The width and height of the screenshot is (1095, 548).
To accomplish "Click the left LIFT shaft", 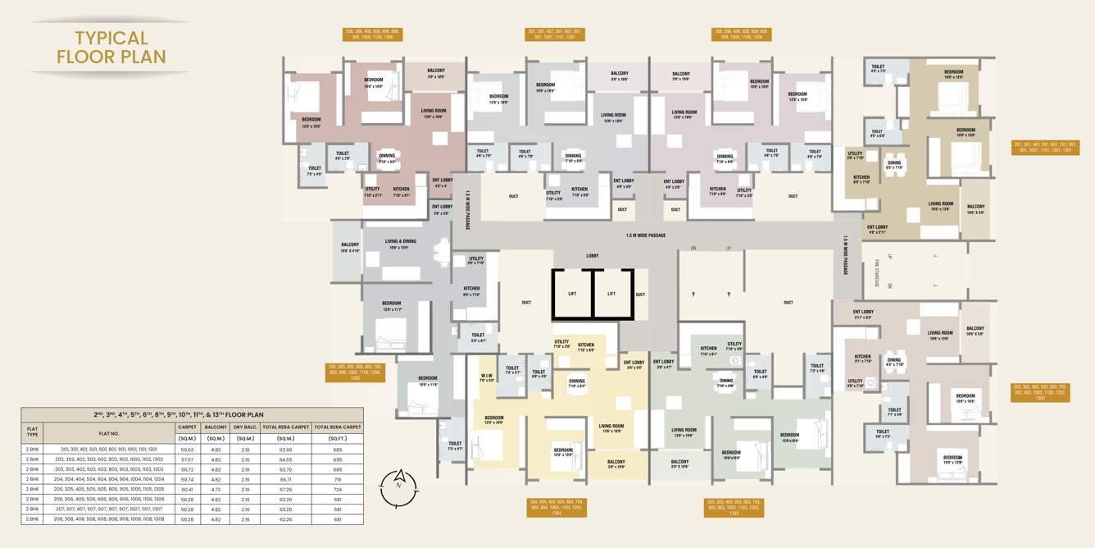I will (x=571, y=294).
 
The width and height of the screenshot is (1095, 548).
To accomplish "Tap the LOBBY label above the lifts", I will (x=592, y=256).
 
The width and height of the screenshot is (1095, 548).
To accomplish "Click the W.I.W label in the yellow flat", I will (x=486, y=378).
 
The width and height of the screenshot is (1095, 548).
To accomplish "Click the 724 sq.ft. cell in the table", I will (x=336, y=489).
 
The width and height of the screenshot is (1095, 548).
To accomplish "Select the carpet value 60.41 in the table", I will (x=187, y=489).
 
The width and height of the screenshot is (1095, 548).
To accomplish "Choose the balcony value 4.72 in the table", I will (x=216, y=489).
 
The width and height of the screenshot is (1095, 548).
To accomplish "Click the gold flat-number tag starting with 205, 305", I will (x=354, y=372).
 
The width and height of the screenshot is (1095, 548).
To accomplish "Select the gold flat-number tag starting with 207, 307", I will (x=555, y=34).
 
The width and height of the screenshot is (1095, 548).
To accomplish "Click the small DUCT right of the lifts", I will (x=640, y=294).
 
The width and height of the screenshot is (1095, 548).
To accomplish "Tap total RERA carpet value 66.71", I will (x=285, y=479).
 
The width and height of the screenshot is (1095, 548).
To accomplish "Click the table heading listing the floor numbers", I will (x=192, y=415).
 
